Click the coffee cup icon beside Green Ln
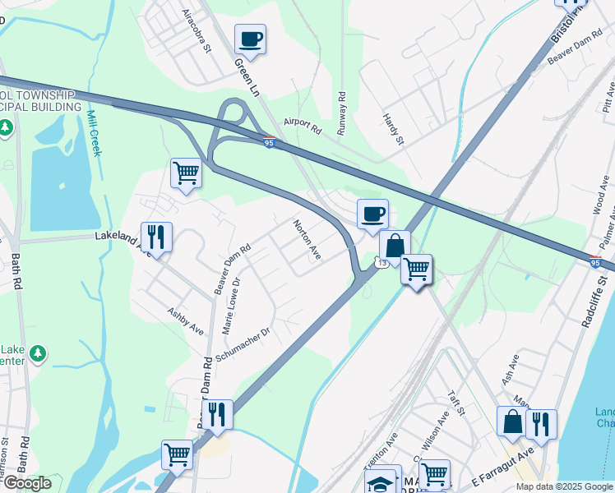pyautogui.click(x=250, y=39)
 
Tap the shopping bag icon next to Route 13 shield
pyautogui.click(x=395, y=246)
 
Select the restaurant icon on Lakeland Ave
pyautogui.click(x=156, y=237)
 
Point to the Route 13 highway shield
pyautogui.click(x=380, y=262)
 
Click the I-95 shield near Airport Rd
pyautogui.click(x=270, y=143)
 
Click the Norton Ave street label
pyautogui.click(x=307, y=240)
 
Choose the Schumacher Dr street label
pyautogui.click(x=243, y=344)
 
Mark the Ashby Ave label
pyautogui.click(x=185, y=320)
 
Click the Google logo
pyautogui.click(x=26, y=483)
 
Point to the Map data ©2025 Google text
pyautogui.click(x=564, y=486)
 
